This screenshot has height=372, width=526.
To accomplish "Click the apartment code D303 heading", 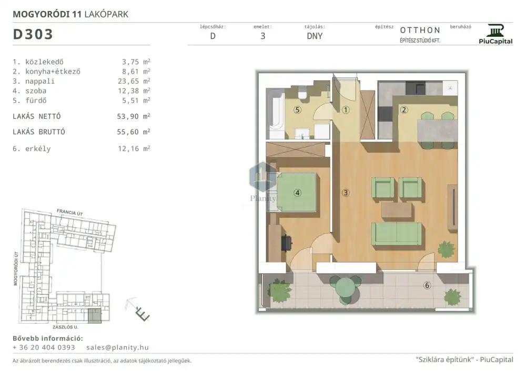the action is coord(33,34).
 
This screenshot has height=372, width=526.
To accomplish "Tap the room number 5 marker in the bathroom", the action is coord(297,109).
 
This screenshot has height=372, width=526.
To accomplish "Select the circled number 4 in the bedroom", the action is coord(297,193).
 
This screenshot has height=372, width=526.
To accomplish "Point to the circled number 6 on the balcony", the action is coord(427,285).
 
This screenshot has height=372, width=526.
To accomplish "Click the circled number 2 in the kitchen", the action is coord(404,109).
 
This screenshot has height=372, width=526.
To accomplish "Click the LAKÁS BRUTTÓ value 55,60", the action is coord(128,132).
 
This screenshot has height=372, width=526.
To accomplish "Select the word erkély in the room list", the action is coord(38,148).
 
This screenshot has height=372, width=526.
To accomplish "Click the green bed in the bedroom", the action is coord(296,192).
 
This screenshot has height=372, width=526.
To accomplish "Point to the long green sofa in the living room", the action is coord(397,233).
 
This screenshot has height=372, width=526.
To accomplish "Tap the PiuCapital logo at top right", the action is coord(495,34).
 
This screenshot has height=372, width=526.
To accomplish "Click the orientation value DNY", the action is coord(315,36).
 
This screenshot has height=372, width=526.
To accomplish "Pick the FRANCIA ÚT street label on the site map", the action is coord(70,213).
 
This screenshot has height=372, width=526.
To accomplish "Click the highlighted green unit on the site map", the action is coord(95,316).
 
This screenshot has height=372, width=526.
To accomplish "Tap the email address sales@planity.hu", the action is coord(117,347).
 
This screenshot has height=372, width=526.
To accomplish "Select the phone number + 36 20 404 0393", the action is coord(44,347).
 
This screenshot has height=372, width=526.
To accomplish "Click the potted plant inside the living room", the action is coord(447,249).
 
